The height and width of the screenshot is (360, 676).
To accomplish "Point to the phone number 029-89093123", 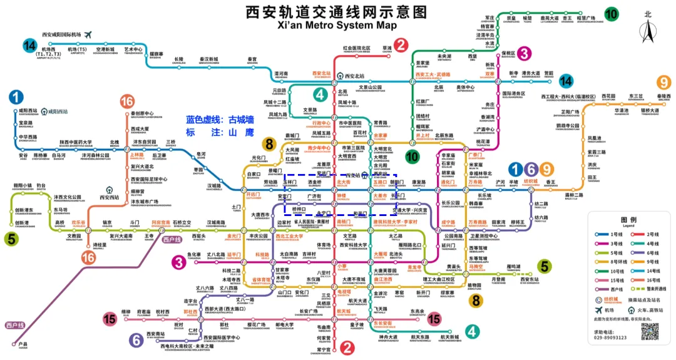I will [608, 337].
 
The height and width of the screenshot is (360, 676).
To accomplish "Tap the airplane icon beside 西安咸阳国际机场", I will [88, 34].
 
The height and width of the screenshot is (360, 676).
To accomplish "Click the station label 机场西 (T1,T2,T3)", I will [48, 52].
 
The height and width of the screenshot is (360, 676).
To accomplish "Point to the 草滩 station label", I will [387, 48].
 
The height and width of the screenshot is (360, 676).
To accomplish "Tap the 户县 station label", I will [23, 344].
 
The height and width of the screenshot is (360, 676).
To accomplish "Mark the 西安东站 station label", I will [530, 279].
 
